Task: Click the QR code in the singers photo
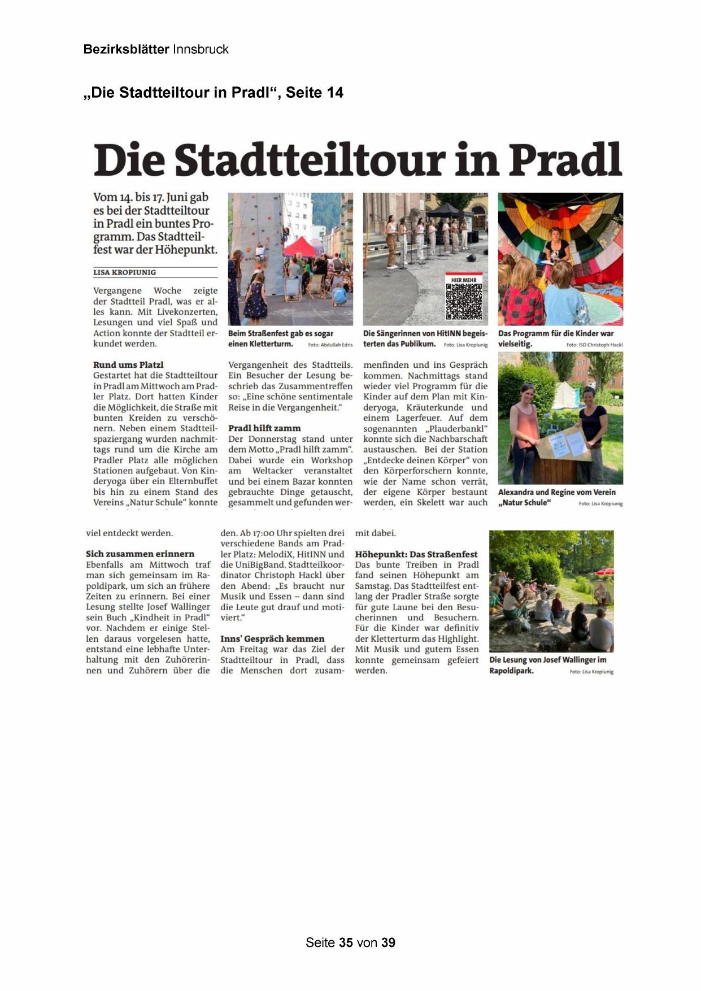pyautogui.click(x=464, y=301)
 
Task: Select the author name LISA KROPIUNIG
pyautogui.click(x=124, y=272)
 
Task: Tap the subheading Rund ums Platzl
pyautogui.click(x=128, y=365)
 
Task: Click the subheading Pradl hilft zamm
pyautogui.click(x=264, y=428)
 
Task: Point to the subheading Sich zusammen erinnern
pyautogui.click(x=140, y=554)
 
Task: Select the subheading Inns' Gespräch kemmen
pyautogui.click(x=272, y=638)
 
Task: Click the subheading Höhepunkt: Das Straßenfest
pyautogui.click(x=416, y=554)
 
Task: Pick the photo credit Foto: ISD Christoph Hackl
pyautogui.click(x=594, y=345)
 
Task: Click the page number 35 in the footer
pyautogui.click(x=346, y=942)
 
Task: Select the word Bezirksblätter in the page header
pyautogui.click(x=126, y=49)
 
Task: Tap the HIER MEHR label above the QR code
pyautogui.click(x=464, y=280)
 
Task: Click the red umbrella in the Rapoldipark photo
pyautogui.click(x=604, y=571)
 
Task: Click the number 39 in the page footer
pyautogui.click(x=388, y=942)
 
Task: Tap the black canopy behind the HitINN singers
pyautogui.click(x=443, y=210)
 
